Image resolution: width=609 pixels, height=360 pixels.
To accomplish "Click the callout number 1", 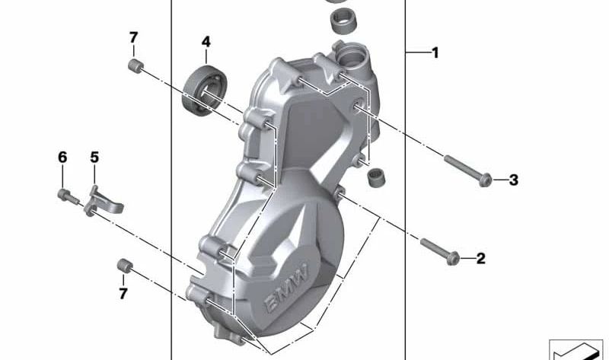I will pyautogui.click(x=435, y=53).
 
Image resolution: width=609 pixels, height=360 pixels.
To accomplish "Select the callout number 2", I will pyautogui.click(x=480, y=259).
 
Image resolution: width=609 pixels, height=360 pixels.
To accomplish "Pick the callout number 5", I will pyautogui.click(x=94, y=158).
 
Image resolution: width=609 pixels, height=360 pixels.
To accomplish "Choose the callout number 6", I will pyautogui.click(x=62, y=158).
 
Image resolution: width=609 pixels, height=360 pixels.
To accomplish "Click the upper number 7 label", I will pyautogui.click(x=133, y=37).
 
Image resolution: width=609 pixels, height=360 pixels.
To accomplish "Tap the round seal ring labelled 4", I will pyautogui.click(x=204, y=91).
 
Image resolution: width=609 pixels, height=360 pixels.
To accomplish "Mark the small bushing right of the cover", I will pyautogui.click(x=374, y=177).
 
